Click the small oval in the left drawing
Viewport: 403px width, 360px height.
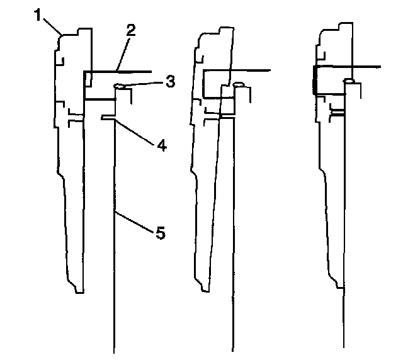(x=120, y=87)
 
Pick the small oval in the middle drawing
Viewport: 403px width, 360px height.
(x=239, y=84)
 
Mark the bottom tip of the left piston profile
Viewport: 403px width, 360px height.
(x=78, y=291)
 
